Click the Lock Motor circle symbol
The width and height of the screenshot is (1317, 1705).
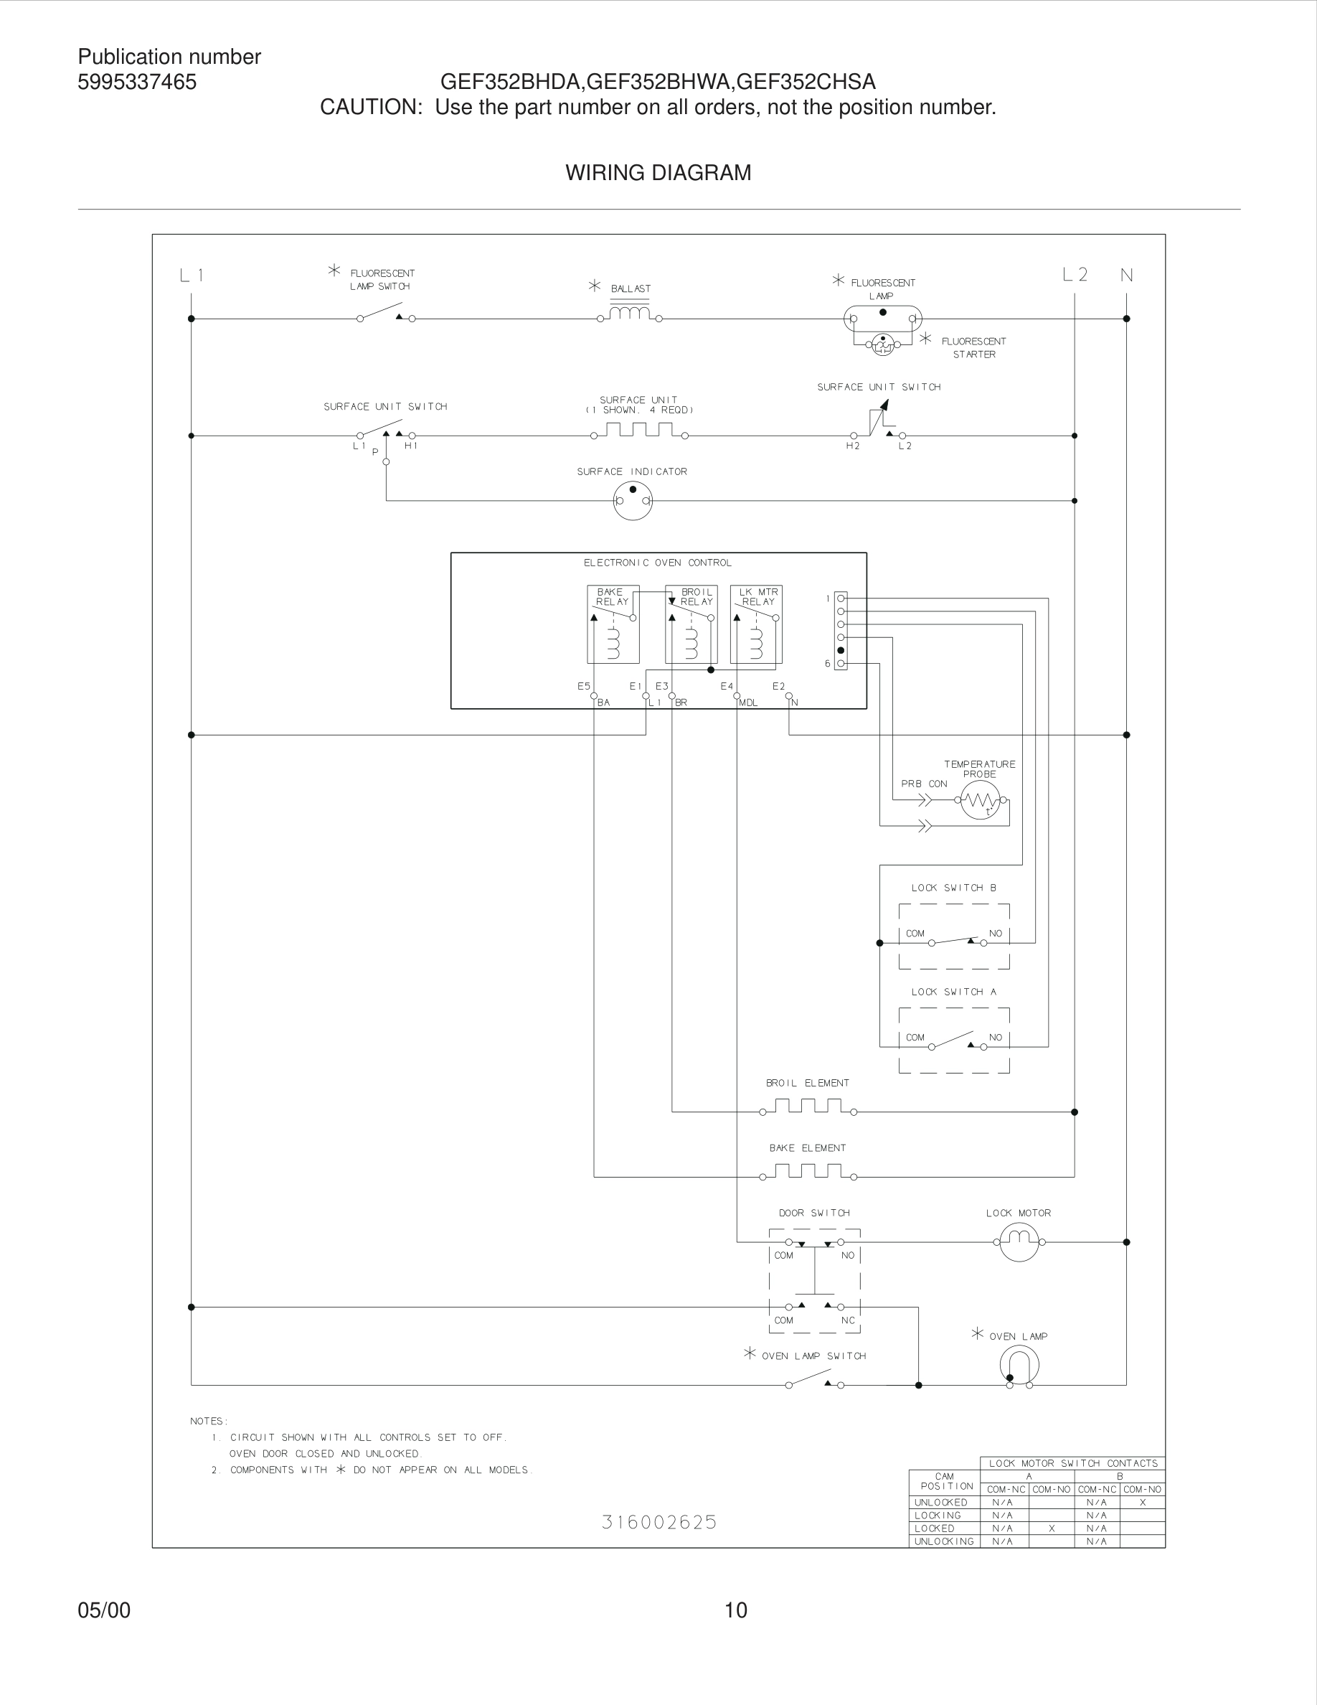(1019, 1241)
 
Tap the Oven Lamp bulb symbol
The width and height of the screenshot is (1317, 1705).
(1019, 1366)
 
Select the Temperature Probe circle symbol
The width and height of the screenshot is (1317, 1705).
(980, 799)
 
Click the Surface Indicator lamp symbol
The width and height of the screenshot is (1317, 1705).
(633, 500)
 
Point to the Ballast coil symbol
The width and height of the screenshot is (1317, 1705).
(629, 314)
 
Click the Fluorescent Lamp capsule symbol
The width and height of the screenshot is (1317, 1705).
(882, 319)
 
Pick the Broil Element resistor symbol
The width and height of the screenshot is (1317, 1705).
(808, 1107)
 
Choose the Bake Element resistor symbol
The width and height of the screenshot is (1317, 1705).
(808, 1171)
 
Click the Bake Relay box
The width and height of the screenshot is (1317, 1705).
(613, 624)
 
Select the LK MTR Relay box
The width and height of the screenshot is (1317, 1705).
(756, 624)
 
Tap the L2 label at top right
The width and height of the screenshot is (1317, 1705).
(1075, 275)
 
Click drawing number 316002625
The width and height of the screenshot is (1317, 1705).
(658, 1522)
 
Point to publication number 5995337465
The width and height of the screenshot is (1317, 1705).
(137, 82)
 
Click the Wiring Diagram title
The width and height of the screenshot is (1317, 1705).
(658, 172)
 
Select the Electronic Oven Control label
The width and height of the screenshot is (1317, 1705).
(658, 563)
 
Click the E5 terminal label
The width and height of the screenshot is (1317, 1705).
(584, 686)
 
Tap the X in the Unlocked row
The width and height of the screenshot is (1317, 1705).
(1142, 1502)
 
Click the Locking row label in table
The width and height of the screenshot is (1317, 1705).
(938, 1516)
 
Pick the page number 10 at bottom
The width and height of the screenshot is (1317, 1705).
(736, 1610)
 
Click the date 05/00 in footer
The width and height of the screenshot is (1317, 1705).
(104, 1610)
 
